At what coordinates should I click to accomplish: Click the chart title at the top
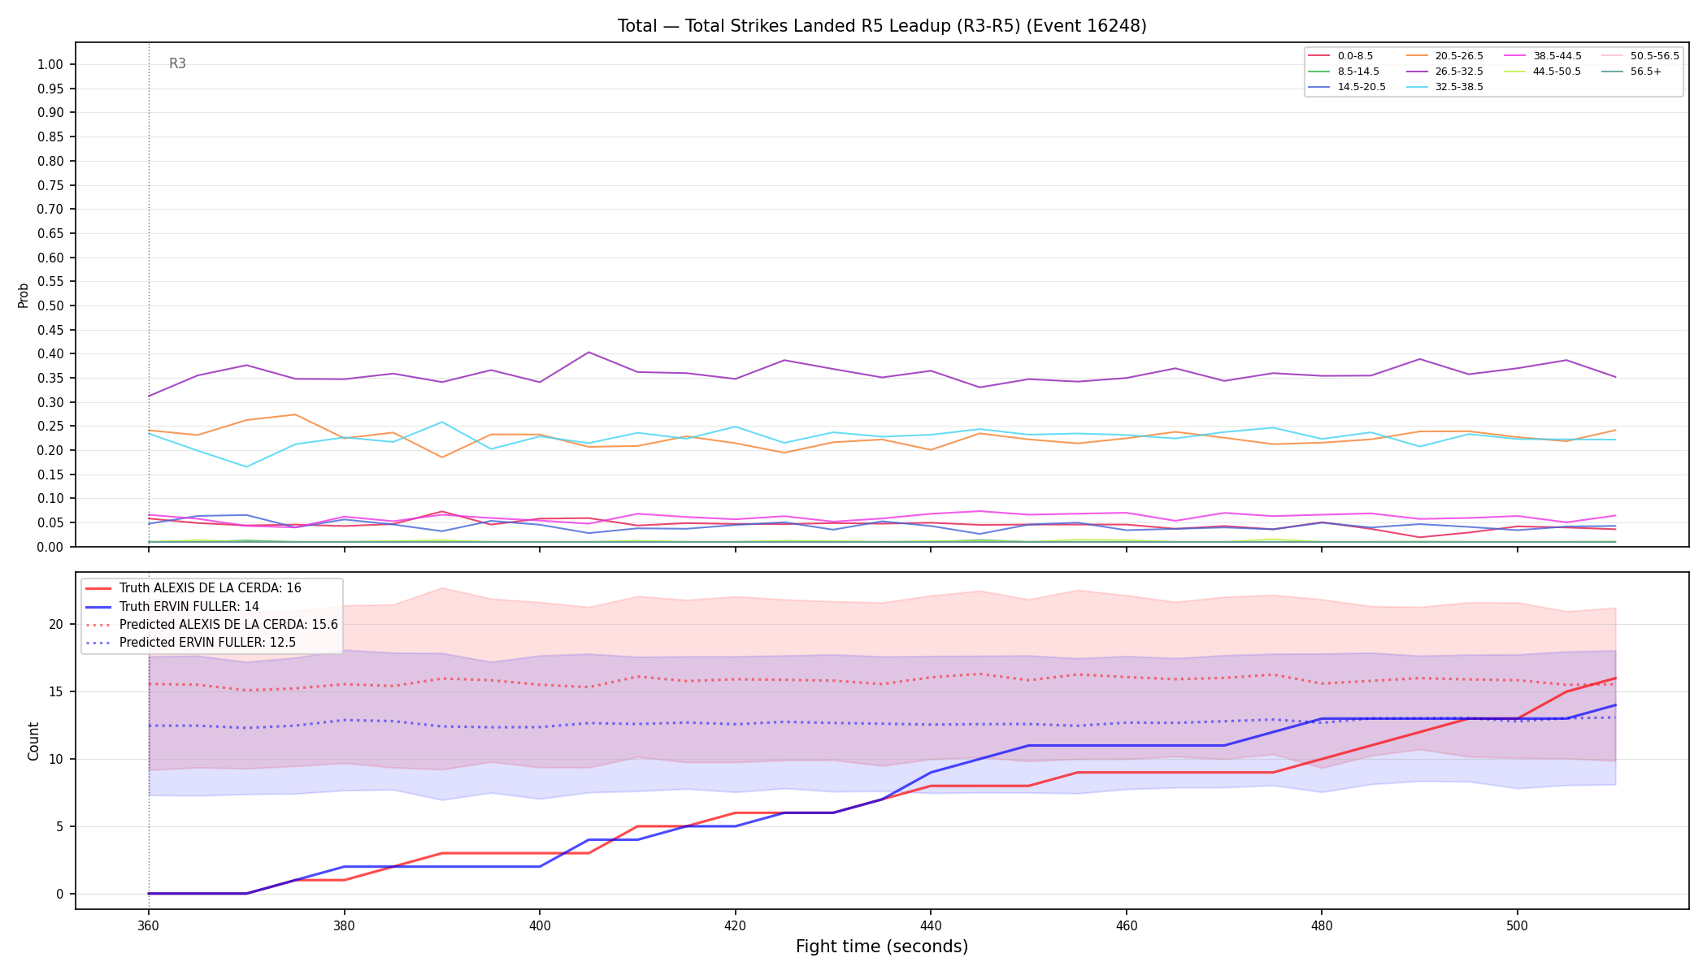point(882,26)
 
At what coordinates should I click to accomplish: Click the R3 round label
point(177,63)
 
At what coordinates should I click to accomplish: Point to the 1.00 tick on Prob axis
point(50,65)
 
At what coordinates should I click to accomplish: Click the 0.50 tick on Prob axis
point(50,306)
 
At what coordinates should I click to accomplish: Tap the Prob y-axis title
point(24,295)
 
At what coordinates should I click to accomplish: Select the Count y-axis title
point(33,741)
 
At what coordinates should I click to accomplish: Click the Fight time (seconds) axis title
point(882,947)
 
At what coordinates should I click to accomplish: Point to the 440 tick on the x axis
point(931,925)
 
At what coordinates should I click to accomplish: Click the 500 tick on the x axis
point(1517,925)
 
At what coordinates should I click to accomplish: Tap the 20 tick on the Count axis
point(55,625)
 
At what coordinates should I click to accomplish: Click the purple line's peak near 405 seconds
point(589,352)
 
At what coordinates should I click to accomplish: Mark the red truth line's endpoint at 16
point(1615,678)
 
